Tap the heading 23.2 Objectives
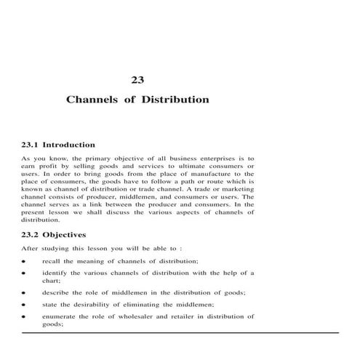(x=55, y=235)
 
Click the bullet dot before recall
(x=24, y=261)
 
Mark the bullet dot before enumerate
(x=24, y=318)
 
